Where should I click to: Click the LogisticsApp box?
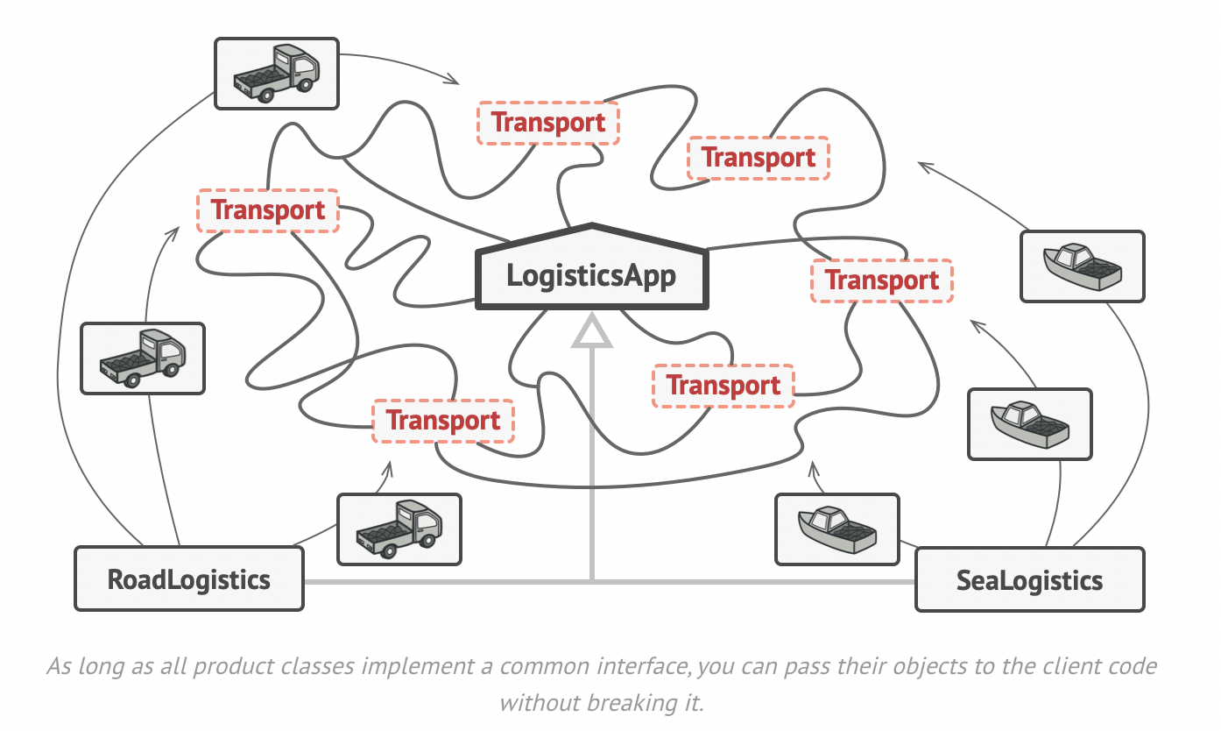(x=591, y=276)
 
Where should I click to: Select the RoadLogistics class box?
(x=188, y=579)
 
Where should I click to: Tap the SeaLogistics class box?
(x=1029, y=579)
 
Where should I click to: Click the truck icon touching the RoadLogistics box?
(x=399, y=529)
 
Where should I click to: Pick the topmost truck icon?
(x=277, y=74)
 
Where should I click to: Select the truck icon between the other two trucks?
(x=142, y=358)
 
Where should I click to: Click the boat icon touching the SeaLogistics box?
(x=836, y=529)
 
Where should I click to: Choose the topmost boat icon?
(x=1083, y=266)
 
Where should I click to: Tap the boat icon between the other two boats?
(x=1029, y=424)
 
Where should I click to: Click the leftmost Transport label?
(x=268, y=210)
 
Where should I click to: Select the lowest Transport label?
(x=443, y=421)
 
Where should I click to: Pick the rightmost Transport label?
(x=882, y=280)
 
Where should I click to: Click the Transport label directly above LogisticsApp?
(x=548, y=123)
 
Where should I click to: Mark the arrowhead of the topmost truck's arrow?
(x=455, y=82)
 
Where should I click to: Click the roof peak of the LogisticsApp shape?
(x=592, y=225)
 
